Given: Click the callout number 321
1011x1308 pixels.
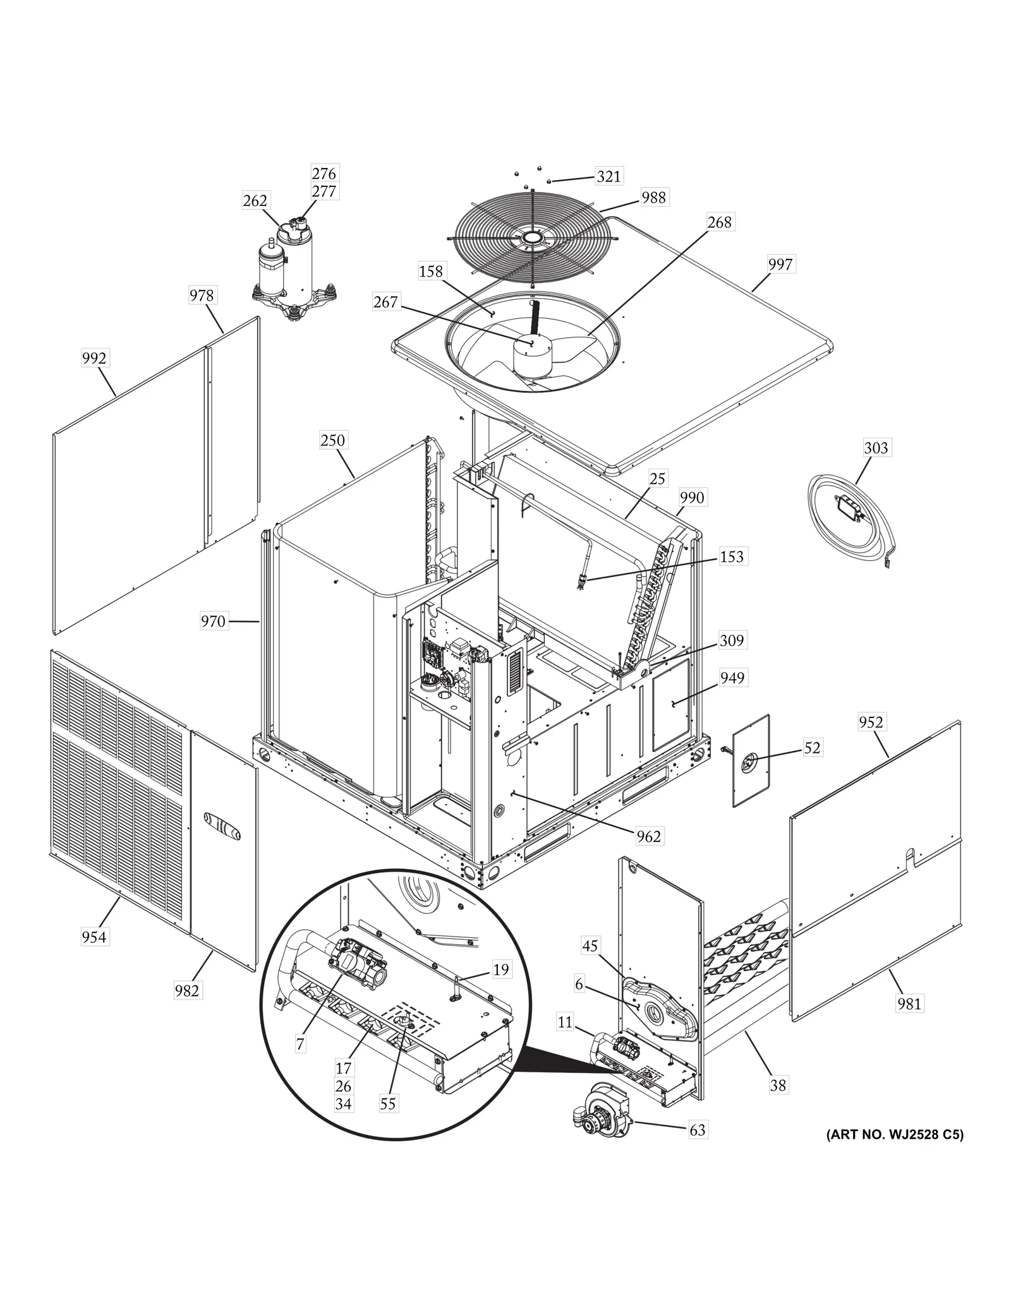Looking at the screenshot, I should point(608,176).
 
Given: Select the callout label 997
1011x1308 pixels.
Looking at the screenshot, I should point(780,264).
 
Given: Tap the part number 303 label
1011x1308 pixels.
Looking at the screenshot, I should point(876,448).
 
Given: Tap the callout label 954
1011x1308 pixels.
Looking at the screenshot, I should point(94,937).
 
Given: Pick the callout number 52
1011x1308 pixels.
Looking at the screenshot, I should point(812,748).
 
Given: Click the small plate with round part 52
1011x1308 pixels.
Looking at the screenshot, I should point(751,761).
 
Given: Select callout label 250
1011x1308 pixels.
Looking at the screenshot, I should point(332,440).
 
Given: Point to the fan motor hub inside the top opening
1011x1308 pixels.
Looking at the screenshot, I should point(531,357).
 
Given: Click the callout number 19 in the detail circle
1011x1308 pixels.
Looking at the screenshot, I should point(500,969).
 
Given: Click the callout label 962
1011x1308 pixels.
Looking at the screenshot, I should point(648,836).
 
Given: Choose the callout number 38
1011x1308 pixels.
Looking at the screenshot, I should point(778,1085).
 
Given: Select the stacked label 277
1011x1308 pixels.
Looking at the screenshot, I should point(324,191).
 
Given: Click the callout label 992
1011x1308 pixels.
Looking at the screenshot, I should point(94,359).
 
